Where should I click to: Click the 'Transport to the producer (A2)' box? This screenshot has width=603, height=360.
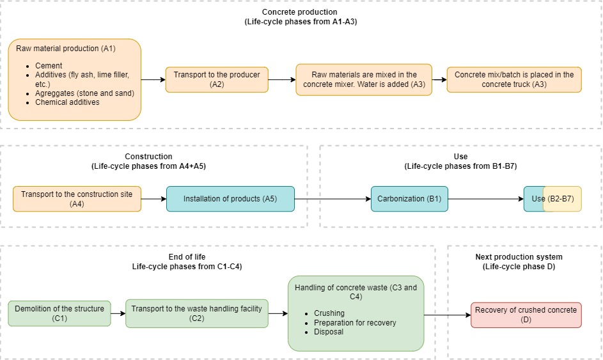pos(217,79)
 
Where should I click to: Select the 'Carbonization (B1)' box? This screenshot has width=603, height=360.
pos(409,199)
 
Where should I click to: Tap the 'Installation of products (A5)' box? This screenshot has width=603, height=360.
pos(230,199)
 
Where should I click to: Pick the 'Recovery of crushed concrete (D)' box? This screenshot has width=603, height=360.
pos(526,315)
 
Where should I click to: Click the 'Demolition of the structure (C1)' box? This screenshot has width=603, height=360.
pos(59,313)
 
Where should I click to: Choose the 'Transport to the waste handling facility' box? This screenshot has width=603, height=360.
pos(196,313)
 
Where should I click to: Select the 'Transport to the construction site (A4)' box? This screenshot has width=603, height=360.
pos(77,199)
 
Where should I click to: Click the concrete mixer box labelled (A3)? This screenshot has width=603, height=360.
pos(364,79)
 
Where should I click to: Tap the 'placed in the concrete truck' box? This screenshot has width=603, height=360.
pos(514,79)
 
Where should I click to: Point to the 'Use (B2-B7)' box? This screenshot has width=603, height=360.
pos(552,199)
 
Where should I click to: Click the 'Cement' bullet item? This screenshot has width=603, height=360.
pos(49,66)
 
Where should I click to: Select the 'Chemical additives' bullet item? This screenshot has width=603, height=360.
pos(67,102)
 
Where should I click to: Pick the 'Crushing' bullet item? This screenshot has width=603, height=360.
pos(329,313)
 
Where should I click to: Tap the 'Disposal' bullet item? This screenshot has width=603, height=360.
pos(328,332)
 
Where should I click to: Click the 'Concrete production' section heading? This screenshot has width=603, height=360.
pos(299,12)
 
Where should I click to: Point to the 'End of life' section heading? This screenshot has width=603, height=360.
pos(187,257)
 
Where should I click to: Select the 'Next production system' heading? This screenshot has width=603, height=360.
pos(519,257)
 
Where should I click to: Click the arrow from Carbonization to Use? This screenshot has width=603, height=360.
pos(485,199)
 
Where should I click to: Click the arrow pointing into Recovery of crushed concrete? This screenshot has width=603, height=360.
pos(448,315)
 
